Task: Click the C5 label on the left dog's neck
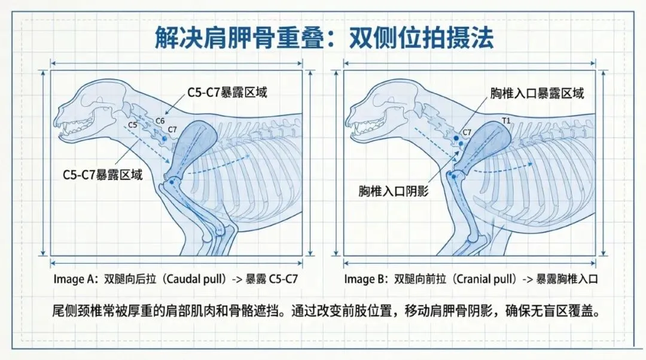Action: click(x=132, y=125)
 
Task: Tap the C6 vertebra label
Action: click(x=160, y=121)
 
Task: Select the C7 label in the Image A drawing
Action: click(x=172, y=129)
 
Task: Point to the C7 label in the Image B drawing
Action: click(x=467, y=131)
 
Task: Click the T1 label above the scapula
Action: click(x=507, y=121)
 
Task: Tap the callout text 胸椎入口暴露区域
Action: click(x=537, y=93)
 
